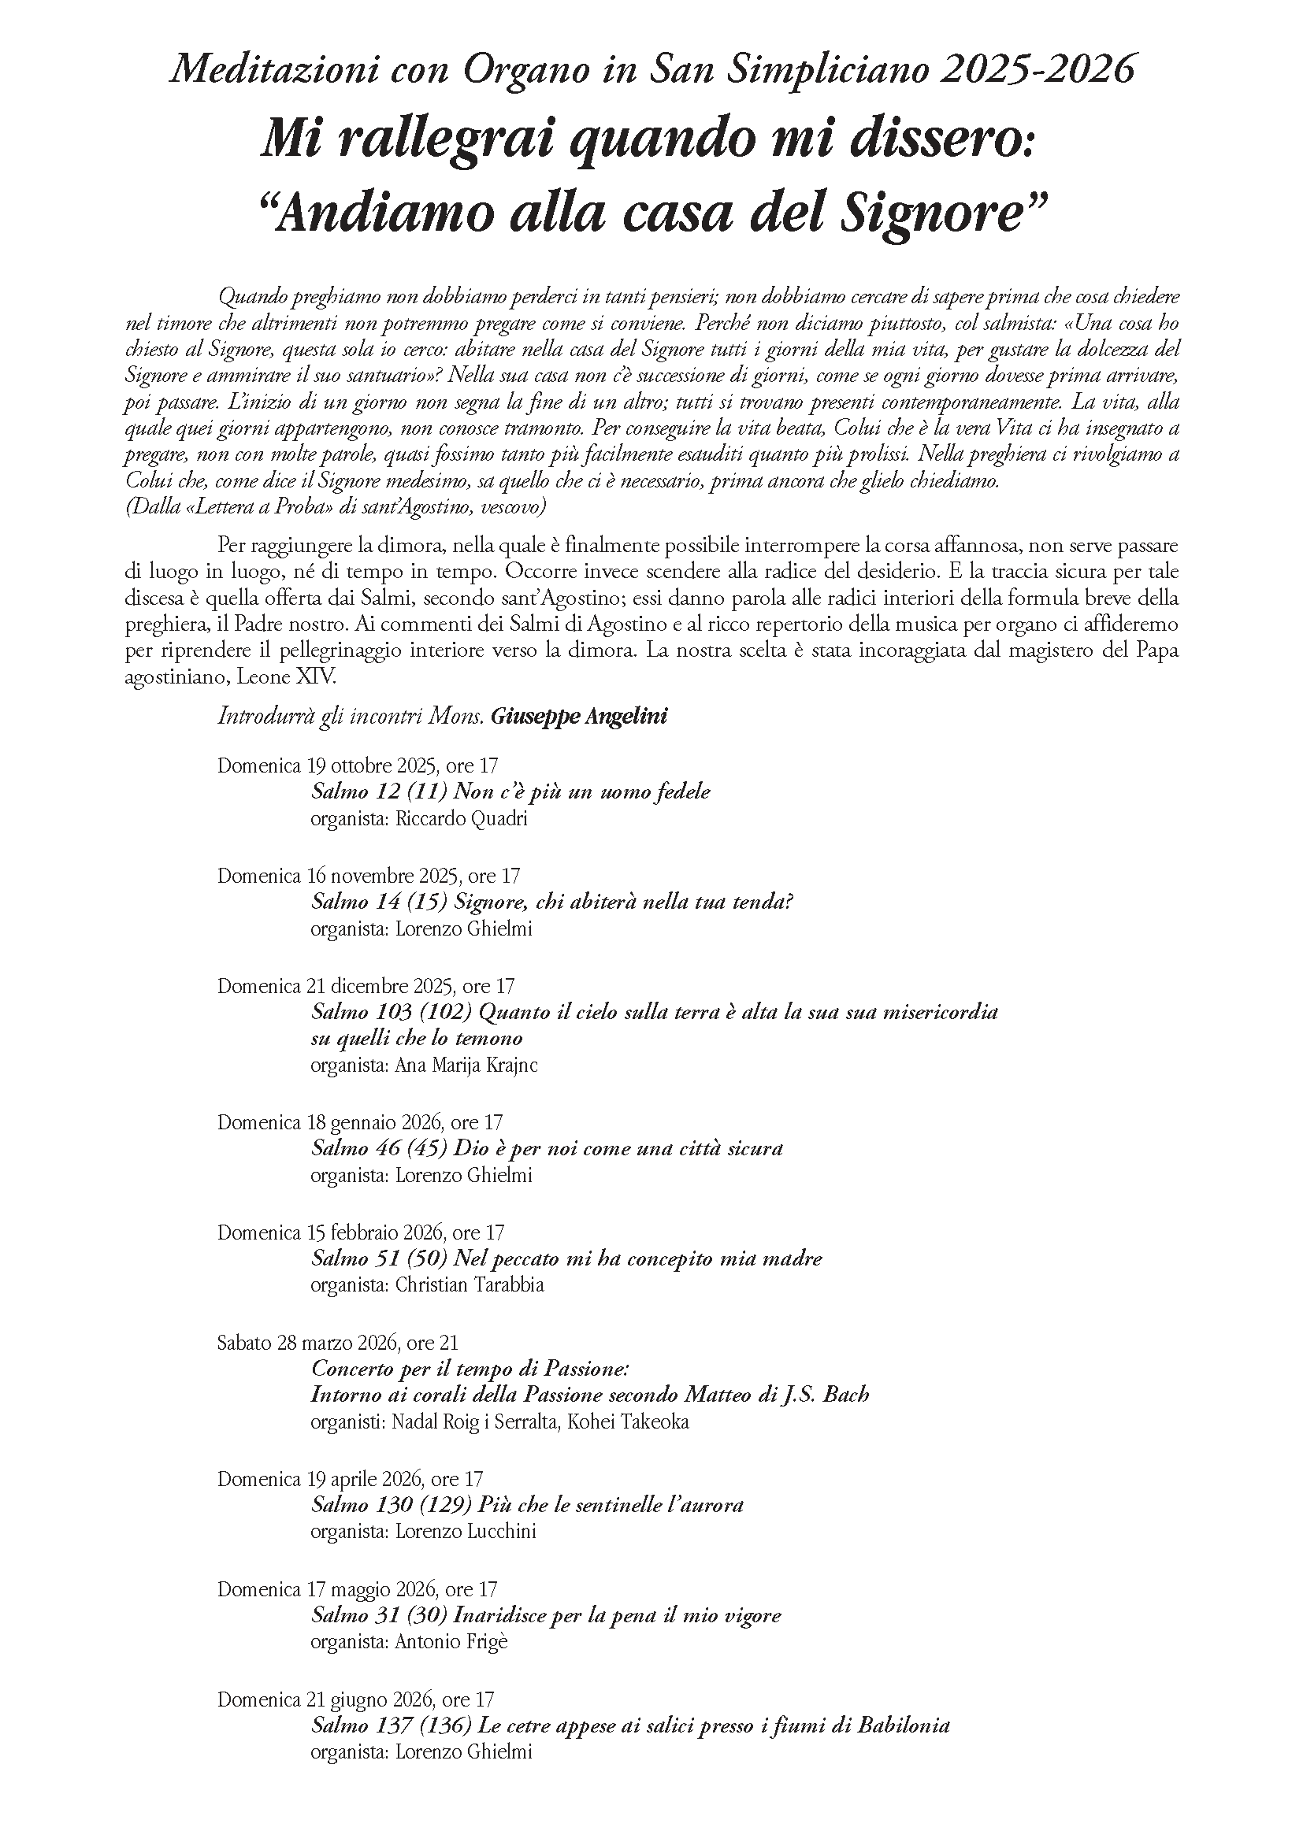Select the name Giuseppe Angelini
point(578,716)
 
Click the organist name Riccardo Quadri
point(462,818)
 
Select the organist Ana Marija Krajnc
point(466,1065)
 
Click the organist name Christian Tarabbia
point(470,1284)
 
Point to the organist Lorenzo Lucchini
point(466,1531)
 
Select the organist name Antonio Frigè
point(451,1641)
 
